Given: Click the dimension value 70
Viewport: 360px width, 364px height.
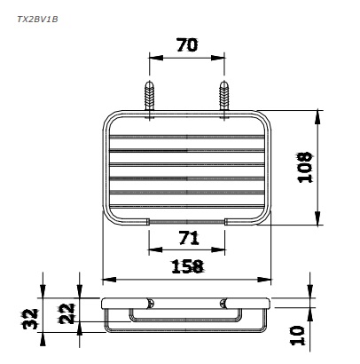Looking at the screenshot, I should (187, 45).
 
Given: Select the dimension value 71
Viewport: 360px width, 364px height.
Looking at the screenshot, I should (187, 237).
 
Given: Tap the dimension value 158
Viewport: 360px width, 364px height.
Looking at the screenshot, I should (187, 265).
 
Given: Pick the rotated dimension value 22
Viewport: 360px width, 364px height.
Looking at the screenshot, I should (64, 313).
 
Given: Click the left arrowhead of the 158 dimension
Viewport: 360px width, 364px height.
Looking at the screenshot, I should (108, 275).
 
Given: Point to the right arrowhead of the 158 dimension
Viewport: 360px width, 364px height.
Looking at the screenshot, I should (266, 275).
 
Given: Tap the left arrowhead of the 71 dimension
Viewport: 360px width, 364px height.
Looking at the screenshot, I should (153, 248).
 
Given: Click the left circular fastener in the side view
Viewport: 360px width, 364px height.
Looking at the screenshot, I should (150, 303).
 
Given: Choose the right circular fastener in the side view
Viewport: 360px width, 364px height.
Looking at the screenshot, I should (224, 303).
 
